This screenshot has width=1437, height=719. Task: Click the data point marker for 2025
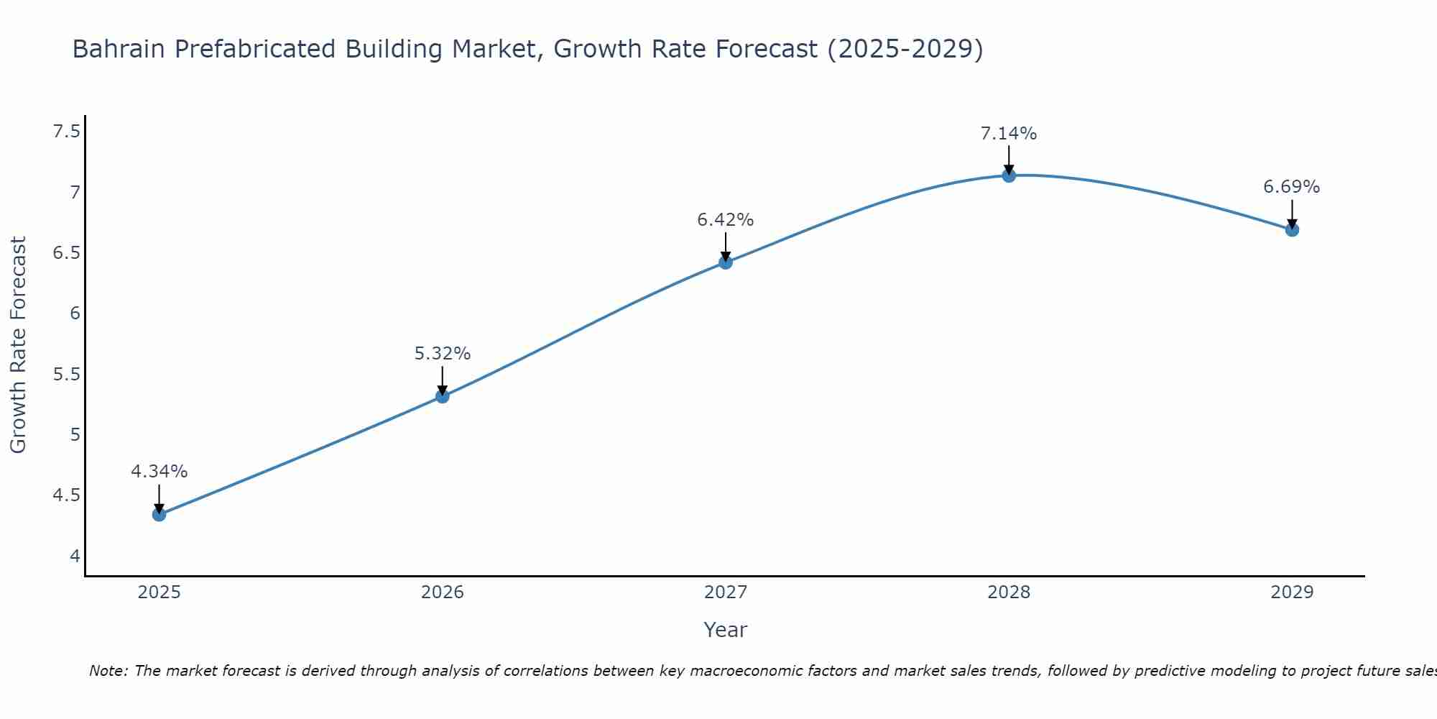tap(160, 515)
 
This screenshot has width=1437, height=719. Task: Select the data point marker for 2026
tap(443, 396)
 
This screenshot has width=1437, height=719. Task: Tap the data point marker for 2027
tap(726, 262)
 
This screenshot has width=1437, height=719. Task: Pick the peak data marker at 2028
tap(1009, 175)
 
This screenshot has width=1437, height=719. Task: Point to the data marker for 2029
tap(1292, 230)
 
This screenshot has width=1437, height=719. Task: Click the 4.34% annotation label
tap(160, 472)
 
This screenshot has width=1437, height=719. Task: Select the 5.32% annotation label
tap(443, 354)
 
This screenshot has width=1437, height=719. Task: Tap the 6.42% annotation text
tap(726, 220)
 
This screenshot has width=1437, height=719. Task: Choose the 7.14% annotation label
tap(1009, 134)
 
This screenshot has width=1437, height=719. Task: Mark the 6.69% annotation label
tap(1292, 187)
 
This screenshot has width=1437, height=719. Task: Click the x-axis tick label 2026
tap(443, 592)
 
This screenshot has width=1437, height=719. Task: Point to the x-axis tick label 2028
tap(1009, 592)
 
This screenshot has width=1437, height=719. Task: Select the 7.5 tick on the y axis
tap(67, 132)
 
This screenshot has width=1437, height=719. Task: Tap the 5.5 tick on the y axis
tap(67, 375)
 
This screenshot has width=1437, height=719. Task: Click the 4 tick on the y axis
tap(75, 557)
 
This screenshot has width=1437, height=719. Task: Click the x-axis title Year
tap(726, 630)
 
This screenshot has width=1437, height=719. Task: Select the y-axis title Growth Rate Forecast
tap(19, 345)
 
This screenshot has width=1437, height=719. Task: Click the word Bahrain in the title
tap(119, 50)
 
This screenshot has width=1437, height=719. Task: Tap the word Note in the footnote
tap(108, 672)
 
